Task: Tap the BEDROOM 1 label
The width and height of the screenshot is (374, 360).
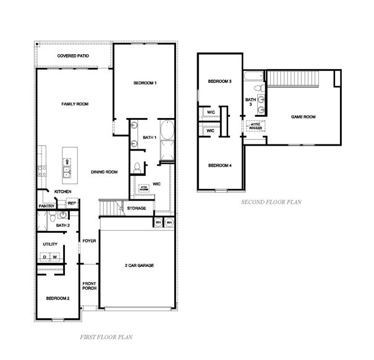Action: coord(145,83)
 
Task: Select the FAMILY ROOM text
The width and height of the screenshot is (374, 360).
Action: coord(75,104)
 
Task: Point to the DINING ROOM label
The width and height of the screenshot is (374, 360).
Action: coord(104,172)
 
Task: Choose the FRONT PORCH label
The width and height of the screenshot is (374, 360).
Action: coord(90,287)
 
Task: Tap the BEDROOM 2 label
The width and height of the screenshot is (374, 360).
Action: coord(58,298)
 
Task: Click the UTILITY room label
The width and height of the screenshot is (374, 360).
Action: coord(50,245)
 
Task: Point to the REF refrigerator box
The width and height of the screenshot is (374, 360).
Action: coord(71,203)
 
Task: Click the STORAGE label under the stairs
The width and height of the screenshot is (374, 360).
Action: coord(137,208)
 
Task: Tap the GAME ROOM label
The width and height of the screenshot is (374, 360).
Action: coord(304,117)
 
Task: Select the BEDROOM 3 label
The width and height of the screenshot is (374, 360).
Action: coord(219,82)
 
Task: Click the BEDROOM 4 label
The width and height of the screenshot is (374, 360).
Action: coord(219,165)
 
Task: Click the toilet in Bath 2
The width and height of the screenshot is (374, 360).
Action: coord(53,216)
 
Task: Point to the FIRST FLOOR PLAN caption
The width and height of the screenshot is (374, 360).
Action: coord(106,337)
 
